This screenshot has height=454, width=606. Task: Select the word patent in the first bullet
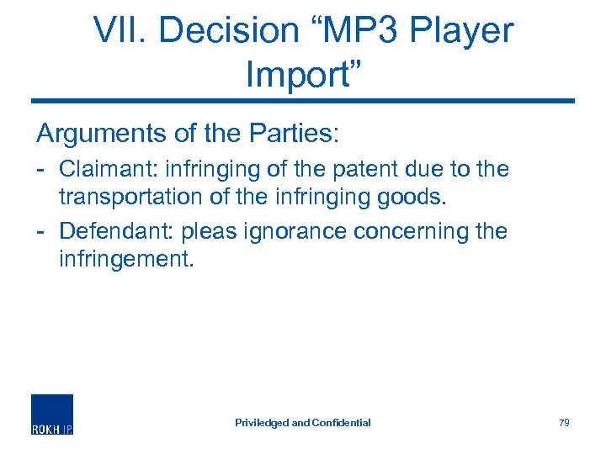coord(362,169)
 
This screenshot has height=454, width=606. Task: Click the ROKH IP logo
coord(52,414)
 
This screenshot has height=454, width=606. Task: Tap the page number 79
coord(564,423)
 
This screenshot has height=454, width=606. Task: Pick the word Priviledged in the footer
coord(261,423)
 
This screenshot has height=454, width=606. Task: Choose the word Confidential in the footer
coord(340,423)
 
